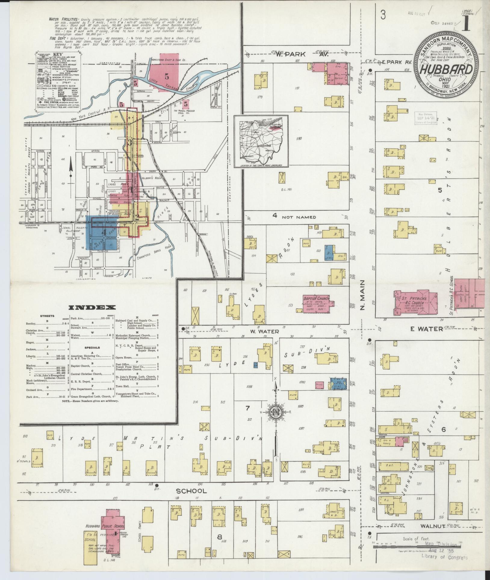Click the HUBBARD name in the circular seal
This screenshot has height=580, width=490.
[446, 70]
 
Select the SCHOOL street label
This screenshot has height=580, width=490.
[187, 491]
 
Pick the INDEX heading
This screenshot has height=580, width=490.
[92, 307]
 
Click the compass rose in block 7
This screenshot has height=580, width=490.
[276, 412]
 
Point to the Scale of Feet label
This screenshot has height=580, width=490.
[415, 539]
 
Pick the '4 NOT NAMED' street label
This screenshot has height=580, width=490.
[294, 217]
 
